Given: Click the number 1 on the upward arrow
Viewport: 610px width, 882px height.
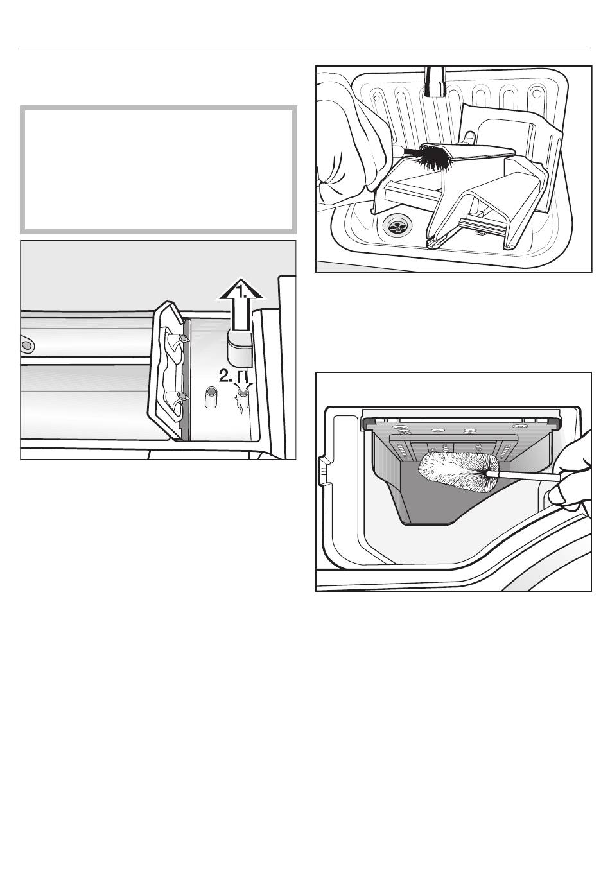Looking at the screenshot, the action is point(241,293).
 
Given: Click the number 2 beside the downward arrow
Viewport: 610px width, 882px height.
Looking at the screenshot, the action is point(225,376).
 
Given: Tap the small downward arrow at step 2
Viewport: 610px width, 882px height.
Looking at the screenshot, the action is point(243,379).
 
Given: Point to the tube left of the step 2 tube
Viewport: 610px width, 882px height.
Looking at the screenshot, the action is point(211,398).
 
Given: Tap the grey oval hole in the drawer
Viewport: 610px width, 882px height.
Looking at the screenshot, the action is point(27,345).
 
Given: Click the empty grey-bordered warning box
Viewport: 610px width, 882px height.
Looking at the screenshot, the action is point(159,169).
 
